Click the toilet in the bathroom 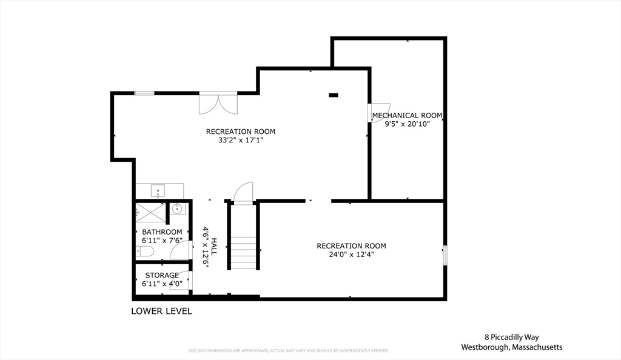[141, 250]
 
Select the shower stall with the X [150, 213]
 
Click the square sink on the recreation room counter [158, 191]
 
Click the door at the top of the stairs [243, 192]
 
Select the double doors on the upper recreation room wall [218, 103]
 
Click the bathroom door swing [181, 249]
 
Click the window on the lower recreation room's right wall [445, 255]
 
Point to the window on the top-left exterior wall [144, 93]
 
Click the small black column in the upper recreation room [333, 95]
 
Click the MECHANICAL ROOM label [407, 115]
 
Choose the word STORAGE [162, 275]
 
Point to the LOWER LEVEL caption [162, 312]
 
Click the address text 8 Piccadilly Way [511, 337]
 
